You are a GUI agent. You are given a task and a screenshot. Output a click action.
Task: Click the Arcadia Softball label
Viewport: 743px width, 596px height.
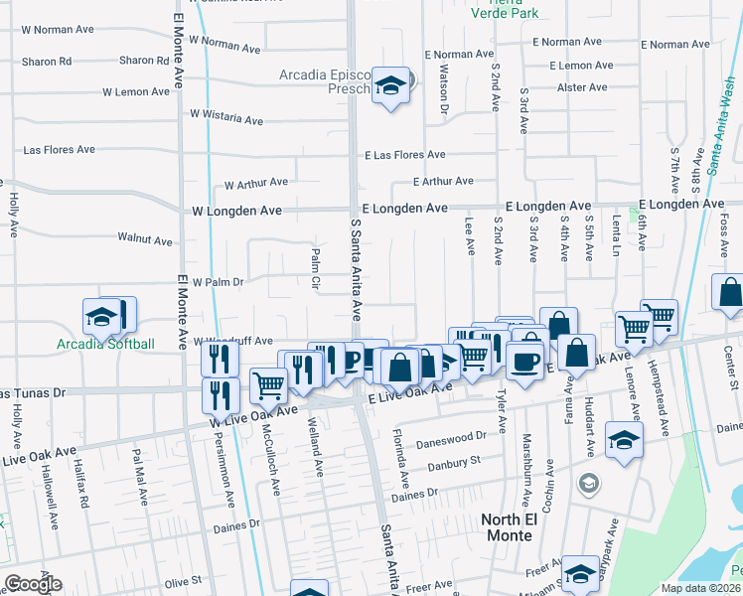coord(105,345)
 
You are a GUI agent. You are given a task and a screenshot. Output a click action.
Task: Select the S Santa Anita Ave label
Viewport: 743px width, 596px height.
coord(355,270)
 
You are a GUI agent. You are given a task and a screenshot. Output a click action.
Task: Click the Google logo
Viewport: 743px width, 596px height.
coord(33,584)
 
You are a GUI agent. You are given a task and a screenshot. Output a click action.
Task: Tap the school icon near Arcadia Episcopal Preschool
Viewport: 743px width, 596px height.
coord(392,87)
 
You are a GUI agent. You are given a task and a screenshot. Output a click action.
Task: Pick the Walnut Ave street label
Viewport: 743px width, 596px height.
coord(145,239)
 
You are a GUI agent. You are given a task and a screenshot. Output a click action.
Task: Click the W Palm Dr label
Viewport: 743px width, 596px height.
coord(218,282)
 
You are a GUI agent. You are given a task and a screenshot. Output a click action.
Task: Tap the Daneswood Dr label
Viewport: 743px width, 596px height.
coord(451,437)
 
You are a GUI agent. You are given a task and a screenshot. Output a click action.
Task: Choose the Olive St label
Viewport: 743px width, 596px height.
coord(184,580)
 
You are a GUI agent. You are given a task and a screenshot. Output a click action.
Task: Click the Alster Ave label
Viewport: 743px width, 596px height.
coord(575,87)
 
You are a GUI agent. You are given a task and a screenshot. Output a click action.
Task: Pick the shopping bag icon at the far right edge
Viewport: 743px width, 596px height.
coord(729,294)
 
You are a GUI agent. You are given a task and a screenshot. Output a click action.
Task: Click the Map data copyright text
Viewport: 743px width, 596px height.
coord(699,588)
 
